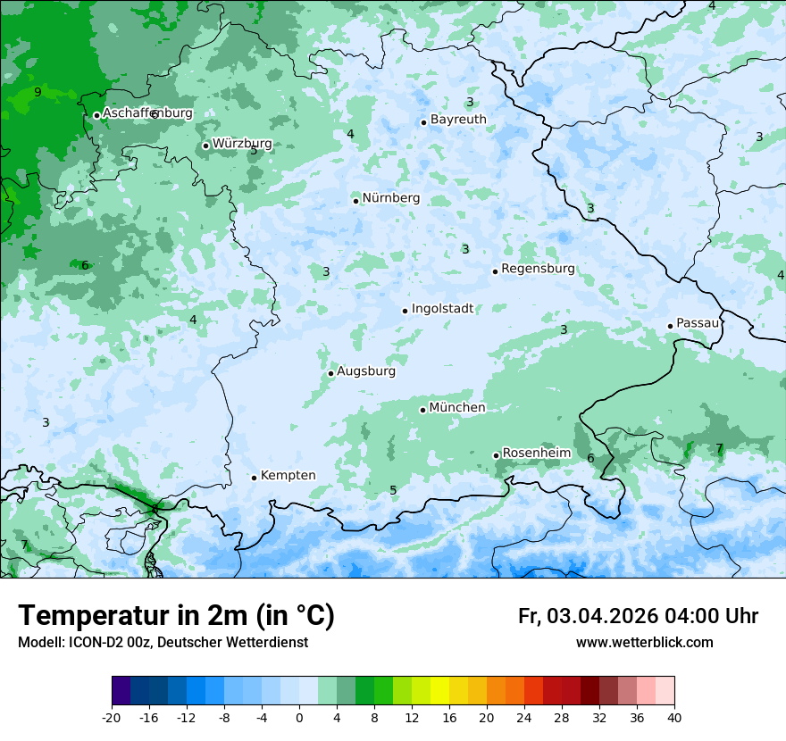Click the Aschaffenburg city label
[x=147, y=113]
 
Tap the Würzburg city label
[x=242, y=144]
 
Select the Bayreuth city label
[x=458, y=120]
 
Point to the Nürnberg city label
[x=391, y=198]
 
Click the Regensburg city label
[x=538, y=269]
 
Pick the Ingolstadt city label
[x=442, y=309]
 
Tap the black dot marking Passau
[x=670, y=326]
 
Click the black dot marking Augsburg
[x=330, y=373]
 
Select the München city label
[x=457, y=408]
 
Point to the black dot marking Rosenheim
[x=496, y=455]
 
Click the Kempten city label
[x=288, y=476]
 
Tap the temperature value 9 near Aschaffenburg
[x=38, y=92]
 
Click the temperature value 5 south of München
[x=393, y=490]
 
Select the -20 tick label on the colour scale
[x=112, y=717]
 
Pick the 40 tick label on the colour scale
[x=673, y=717]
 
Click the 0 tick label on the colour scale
[x=299, y=717]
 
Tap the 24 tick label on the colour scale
[x=524, y=717]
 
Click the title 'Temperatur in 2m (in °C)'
[x=176, y=616]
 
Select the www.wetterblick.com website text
[x=644, y=643]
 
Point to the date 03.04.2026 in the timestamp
[x=603, y=616]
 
